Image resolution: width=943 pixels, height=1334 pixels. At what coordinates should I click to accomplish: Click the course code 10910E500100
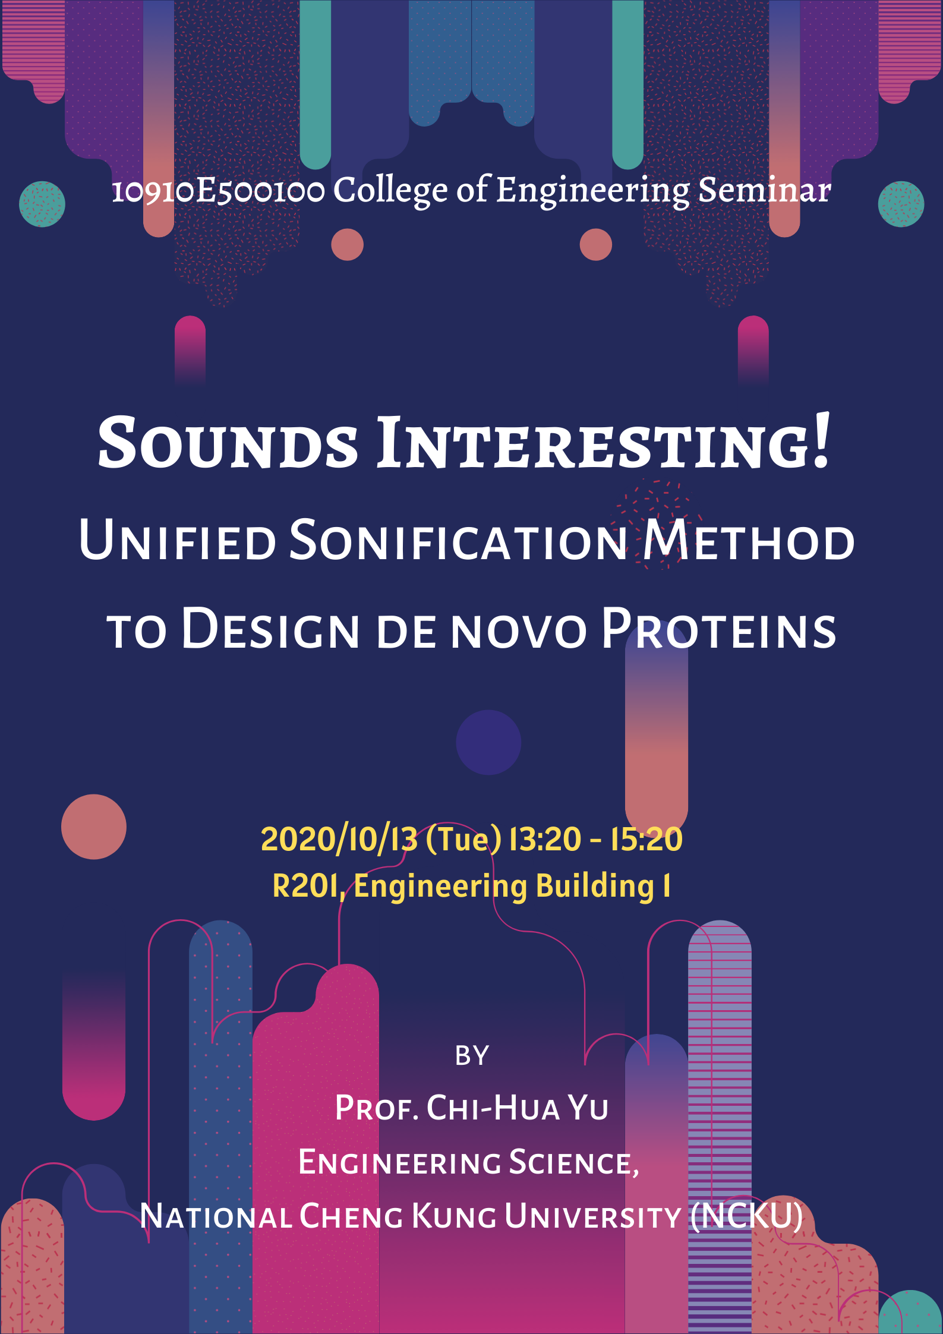(x=218, y=191)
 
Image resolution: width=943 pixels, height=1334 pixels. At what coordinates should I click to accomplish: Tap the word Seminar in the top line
(x=764, y=190)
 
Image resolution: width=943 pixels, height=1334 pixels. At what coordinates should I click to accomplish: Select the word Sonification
(x=458, y=541)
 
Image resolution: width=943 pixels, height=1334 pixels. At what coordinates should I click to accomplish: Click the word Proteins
(x=719, y=630)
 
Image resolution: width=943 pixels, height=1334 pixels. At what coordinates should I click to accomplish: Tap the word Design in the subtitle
(x=270, y=630)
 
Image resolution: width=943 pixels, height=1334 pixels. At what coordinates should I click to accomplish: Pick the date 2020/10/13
(x=339, y=839)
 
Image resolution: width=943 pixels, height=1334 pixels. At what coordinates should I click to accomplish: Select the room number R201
(x=305, y=886)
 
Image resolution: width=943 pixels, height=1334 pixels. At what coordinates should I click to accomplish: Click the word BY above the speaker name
(x=472, y=1056)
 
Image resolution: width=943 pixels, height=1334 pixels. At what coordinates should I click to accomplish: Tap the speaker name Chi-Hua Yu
(x=517, y=1108)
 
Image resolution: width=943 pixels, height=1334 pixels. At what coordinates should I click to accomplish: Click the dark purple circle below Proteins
(x=488, y=742)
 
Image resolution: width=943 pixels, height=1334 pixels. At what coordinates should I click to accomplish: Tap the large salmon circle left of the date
(x=94, y=827)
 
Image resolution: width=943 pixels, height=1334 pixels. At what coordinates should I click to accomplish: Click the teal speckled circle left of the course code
(x=42, y=204)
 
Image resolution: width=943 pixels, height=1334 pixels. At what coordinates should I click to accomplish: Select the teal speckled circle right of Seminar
(x=901, y=204)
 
